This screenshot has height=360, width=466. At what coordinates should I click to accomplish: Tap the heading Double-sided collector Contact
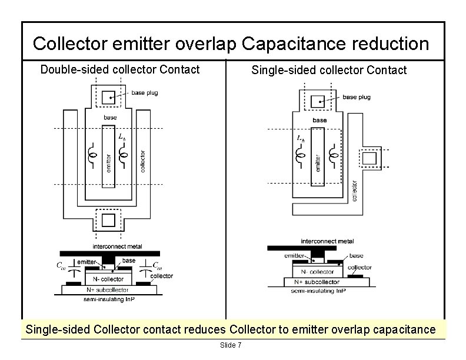[120, 70]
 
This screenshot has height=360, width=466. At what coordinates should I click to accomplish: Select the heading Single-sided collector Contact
[329, 71]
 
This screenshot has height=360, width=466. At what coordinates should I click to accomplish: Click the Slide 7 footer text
[230, 345]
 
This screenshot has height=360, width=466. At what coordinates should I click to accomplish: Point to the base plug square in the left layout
[108, 98]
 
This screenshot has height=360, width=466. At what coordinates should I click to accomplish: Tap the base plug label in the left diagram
[144, 93]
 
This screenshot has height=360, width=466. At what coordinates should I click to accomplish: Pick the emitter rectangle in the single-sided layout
[318, 159]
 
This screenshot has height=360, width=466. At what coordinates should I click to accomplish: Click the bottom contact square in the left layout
[109, 220]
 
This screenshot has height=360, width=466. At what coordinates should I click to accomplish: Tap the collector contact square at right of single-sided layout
[370, 159]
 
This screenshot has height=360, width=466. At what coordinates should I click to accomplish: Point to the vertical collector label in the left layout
[143, 160]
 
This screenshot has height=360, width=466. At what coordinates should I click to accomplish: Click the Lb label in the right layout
[301, 139]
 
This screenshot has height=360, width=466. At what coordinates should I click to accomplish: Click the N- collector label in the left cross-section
[105, 279]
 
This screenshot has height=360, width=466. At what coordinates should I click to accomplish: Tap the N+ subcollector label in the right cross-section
[318, 282]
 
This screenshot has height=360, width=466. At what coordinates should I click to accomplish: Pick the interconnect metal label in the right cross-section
[327, 241]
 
